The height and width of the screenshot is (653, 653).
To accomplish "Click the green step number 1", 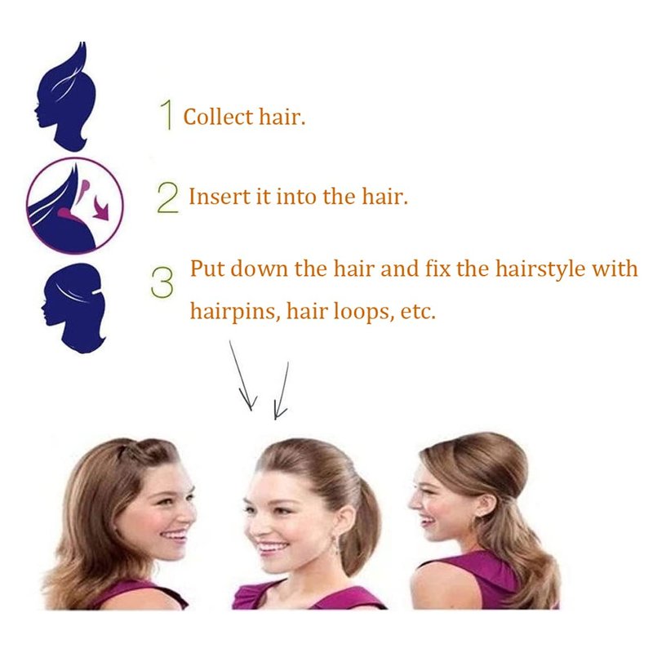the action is tap(167, 114).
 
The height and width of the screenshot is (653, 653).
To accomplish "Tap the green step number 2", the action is tap(168, 198).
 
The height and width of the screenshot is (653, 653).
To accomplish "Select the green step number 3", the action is tap(162, 282).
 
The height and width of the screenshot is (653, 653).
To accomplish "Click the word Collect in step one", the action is tap(218, 117).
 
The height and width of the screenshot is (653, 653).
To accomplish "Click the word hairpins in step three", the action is tap(235, 311).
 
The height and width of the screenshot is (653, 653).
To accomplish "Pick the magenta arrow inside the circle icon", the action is tap(100, 208).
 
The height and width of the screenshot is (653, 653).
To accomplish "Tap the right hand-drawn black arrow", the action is tap(281, 391).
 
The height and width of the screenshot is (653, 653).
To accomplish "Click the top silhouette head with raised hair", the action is tap(66, 96).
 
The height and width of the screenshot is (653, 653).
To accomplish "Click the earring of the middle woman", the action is tap(335, 544).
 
